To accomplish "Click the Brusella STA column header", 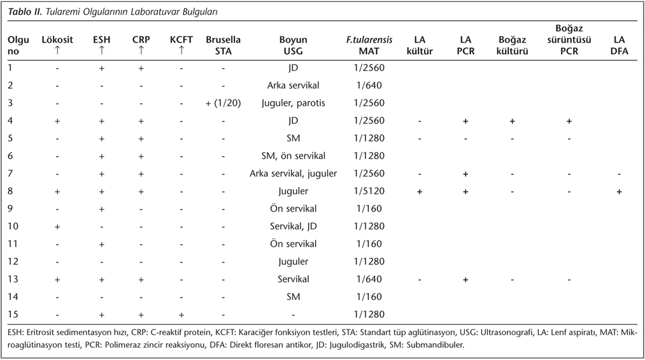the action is point(223,45).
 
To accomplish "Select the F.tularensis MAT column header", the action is point(369,45).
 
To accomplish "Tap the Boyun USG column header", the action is point(293,45).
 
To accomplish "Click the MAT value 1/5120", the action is point(370,191).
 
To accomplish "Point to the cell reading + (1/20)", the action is point(223,103).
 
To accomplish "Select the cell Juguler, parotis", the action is point(293,103).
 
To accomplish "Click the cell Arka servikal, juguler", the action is point(293,173).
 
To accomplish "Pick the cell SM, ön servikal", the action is point(293,156).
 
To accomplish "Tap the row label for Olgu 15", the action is point(13,314).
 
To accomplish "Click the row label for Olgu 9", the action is point(11,208).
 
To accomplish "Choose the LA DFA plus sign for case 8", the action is point(619,191).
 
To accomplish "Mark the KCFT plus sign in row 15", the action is point(181,315).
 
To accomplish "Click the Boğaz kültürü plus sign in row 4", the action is point(512,121).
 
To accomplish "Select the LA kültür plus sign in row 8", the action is point(420,191).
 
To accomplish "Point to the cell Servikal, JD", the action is point(293,226).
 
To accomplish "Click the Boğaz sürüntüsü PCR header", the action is point(569,40).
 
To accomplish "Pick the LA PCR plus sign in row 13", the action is point(465,279).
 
